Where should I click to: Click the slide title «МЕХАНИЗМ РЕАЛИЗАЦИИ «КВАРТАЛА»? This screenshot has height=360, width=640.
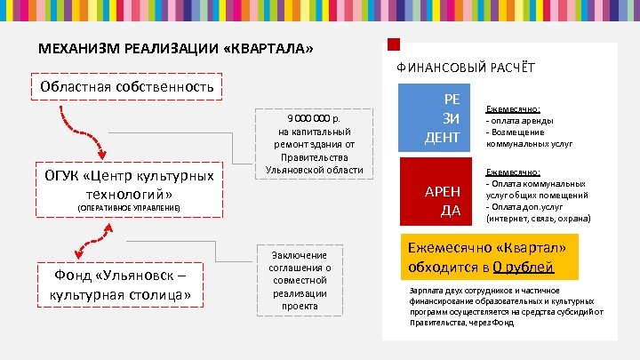175,48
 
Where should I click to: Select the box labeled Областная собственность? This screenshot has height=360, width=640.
124,86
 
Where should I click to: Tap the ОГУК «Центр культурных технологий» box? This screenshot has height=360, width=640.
126,184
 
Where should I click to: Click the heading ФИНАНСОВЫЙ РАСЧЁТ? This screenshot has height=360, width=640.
466,68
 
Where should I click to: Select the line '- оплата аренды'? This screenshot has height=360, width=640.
520,121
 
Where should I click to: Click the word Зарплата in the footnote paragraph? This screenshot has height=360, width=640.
423,290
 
